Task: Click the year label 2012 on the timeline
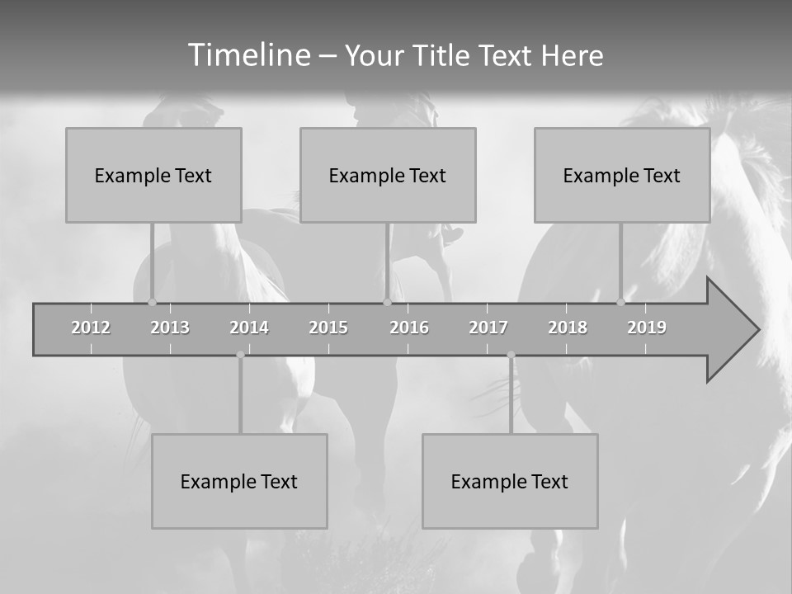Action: (x=91, y=328)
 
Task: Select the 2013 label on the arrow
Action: (x=170, y=328)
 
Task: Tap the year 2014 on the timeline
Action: (x=249, y=328)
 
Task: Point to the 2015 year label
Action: (x=328, y=328)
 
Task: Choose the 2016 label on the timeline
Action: (x=409, y=328)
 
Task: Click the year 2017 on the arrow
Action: (x=488, y=328)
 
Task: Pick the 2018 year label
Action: (x=568, y=328)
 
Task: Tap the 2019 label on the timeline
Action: (x=647, y=328)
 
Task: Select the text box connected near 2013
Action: (x=153, y=175)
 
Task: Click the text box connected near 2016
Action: (x=388, y=175)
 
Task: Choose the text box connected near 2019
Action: (x=622, y=175)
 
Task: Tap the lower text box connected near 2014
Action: (x=239, y=481)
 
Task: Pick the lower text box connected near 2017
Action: (x=510, y=481)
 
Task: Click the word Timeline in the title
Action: (x=248, y=54)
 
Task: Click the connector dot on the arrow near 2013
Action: (x=152, y=302)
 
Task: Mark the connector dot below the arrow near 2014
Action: (x=240, y=355)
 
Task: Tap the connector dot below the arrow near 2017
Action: (x=511, y=355)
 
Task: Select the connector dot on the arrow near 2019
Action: (x=620, y=302)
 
